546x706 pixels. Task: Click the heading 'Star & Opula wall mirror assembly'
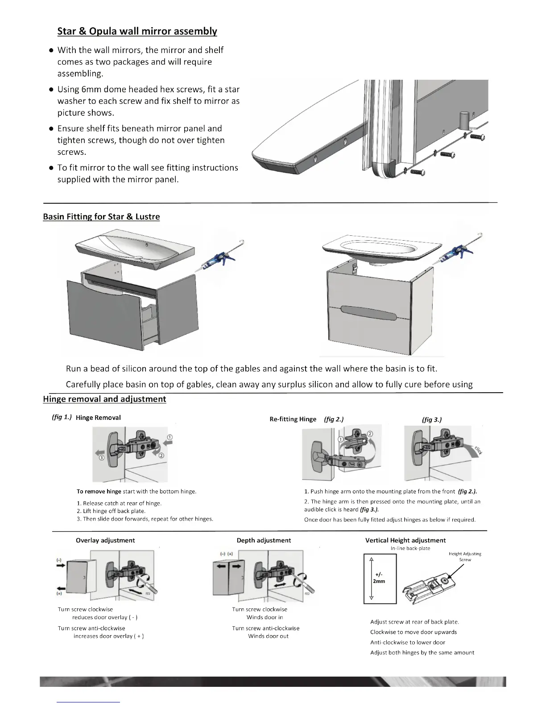coord(137,31)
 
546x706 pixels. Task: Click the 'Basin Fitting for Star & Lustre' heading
coord(101,217)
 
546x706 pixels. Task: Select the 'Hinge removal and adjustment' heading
coord(104,399)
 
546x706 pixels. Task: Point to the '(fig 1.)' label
coord(62,417)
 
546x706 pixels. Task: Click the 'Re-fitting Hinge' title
coord(293,419)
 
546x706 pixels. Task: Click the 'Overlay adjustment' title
coord(105,540)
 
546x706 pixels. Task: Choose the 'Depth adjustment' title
coord(264,540)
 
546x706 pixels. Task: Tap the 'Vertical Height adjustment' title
coord(405,540)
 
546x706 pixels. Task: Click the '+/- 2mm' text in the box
coord(379,578)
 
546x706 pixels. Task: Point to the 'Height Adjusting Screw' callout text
coord(465,556)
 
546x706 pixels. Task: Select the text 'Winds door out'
coord(268,636)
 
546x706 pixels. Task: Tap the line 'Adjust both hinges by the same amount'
coord(422,653)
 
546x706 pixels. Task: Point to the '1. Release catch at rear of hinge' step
coord(119,503)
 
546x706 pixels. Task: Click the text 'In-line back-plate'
coord(410,548)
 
